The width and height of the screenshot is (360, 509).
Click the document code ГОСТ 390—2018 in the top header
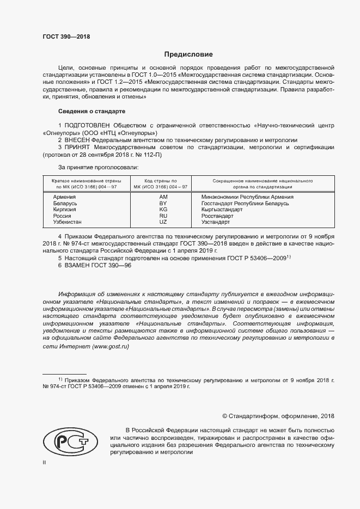66,37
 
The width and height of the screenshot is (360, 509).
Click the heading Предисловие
188,54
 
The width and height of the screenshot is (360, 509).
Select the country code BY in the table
163,203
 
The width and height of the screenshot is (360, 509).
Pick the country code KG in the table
163,210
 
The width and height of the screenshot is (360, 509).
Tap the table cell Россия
62,216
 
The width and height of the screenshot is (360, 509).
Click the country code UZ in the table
163,223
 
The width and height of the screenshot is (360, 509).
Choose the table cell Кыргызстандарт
222,210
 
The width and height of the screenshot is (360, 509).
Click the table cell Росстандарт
217,216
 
